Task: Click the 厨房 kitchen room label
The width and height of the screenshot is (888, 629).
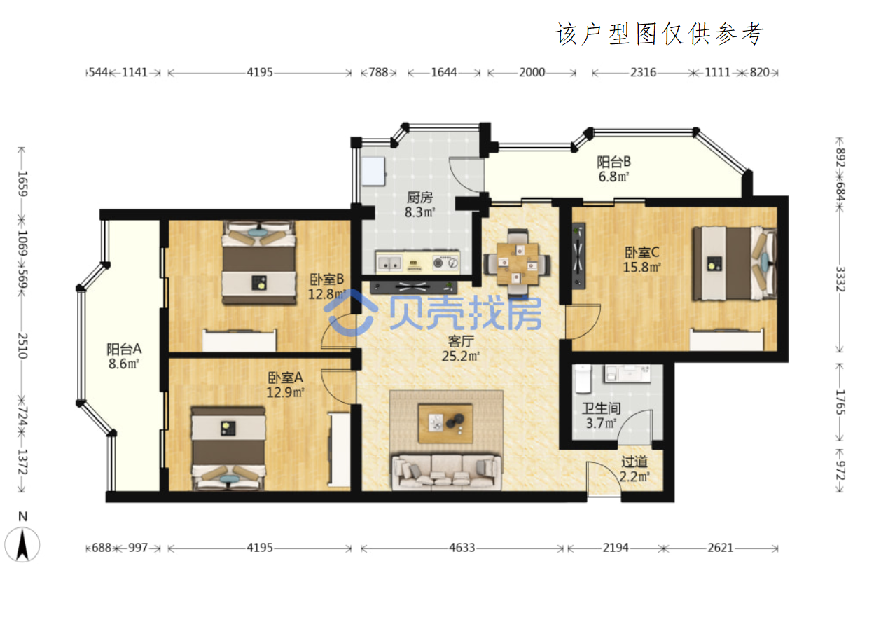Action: coord(419,197)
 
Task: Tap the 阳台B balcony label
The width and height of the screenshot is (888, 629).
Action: coord(613,162)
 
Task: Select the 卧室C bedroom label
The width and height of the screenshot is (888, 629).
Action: coord(641,252)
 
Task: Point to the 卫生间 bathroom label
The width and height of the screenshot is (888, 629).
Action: coord(601,408)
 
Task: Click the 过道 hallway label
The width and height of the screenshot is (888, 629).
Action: coord(634,462)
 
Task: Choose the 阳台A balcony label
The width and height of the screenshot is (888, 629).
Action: coord(124,349)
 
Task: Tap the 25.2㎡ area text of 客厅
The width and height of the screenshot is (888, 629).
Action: coord(460,356)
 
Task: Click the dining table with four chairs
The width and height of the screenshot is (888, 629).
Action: coord(517,262)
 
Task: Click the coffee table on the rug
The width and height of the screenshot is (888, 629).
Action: coord(445,423)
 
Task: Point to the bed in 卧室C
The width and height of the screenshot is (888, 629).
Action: coord(734,263)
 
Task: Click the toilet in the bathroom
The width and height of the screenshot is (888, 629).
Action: coord(583,380)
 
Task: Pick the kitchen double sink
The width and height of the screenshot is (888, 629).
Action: coord(389,263)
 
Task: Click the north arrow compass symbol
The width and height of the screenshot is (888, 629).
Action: coord(22,544)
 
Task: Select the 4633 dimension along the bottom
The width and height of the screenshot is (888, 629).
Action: coord(462,548)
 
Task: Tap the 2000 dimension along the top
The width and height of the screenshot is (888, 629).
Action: coord(532,72)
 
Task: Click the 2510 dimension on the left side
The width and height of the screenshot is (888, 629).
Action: coord(22,345)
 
